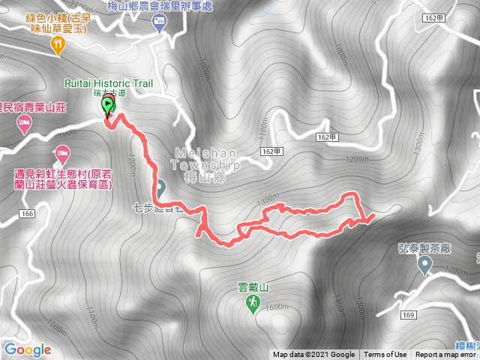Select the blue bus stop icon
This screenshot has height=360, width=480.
pos(159,22)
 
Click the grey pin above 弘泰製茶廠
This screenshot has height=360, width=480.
pos(425,264)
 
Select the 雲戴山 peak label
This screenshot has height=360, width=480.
pos(253,286)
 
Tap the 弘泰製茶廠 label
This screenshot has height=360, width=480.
pos(424,246)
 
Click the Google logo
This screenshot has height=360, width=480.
pos(28,349)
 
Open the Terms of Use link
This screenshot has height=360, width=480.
pos(385,355)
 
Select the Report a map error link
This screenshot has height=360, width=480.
pos(446,355)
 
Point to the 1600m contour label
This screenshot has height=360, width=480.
pos(277,306)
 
